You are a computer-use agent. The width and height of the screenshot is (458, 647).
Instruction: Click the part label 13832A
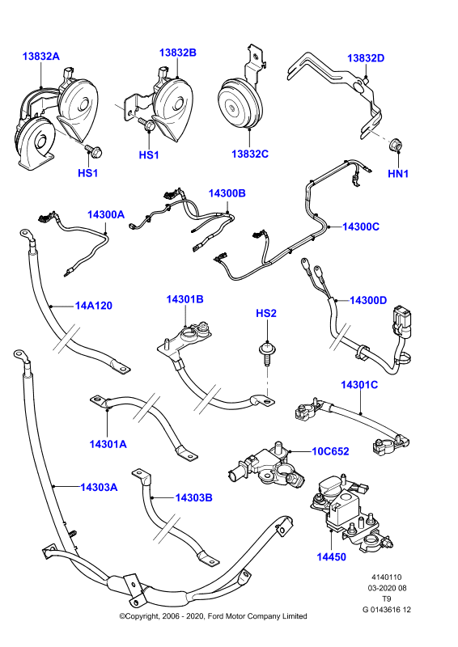pyautogui.click(x=41, y=56)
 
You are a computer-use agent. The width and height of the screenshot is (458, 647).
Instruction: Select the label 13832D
pyautogui.click(x=366, y=58)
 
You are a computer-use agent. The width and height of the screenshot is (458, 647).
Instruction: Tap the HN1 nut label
pyautogui.click(x=398, y=174)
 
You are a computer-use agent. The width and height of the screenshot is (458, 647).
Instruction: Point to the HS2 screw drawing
pyautogui.click(x=267, y=353)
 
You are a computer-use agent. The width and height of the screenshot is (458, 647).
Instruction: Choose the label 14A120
pyautogui.click(x=94, y=306)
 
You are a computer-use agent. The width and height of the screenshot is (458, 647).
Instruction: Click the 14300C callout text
pyautogui.click(x=361, y=226)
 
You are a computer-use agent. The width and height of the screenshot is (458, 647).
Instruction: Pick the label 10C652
pyautogui.click(x=330, y=451)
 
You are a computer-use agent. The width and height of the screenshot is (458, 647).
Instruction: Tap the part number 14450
pyautogui.click(x=331, y=557)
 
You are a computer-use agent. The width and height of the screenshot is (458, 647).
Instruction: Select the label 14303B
pyautogui.click(x=193, y=498)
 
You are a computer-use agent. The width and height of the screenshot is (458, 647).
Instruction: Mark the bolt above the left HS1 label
pyautogui.click(x=93, y=150)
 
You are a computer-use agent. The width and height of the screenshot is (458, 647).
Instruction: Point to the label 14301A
pyautogui.click(x=108, y=444)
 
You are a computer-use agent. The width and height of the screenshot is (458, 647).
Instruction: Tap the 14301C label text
pyautogui.click(x=359, y=385)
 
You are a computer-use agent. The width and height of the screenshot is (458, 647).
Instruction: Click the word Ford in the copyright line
pyautogui.click(x=216, y=616)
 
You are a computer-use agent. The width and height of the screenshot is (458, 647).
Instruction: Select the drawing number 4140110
pyautogui.click(x=387, y=577)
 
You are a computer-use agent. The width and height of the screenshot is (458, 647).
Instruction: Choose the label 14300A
pyautogui.click(x=106, y=214)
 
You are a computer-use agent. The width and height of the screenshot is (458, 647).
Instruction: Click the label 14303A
pyautogui.click(x=99, y=488)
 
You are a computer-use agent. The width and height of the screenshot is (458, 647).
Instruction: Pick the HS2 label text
pyautogui.click(x=266, y=313)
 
